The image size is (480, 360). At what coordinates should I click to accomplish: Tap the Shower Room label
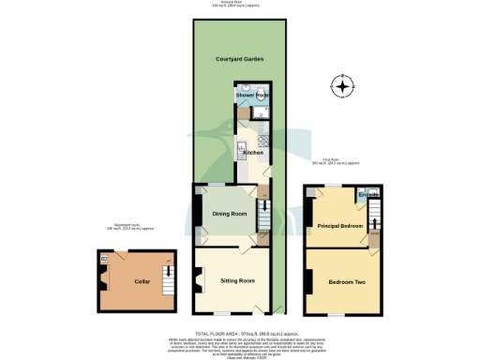point(252,96)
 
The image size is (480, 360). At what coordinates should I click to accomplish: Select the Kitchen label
point(253,153)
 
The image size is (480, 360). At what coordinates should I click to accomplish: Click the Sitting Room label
point(237,280)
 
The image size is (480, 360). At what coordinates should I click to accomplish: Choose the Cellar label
point(142,280)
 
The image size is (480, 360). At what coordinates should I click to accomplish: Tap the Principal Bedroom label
point(338,225)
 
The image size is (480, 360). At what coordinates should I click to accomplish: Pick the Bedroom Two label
point(345,281)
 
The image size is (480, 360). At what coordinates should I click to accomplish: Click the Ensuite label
point(368,196)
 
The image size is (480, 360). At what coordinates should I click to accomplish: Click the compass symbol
point(344,89)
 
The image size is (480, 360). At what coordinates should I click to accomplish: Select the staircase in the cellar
point(169,277)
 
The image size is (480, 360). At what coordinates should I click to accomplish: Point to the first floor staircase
point(377,214)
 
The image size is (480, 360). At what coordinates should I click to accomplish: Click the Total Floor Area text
point(239,333)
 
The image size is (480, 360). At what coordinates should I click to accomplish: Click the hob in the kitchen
point(263,147)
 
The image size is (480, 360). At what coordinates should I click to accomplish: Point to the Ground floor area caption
point(239,3)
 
